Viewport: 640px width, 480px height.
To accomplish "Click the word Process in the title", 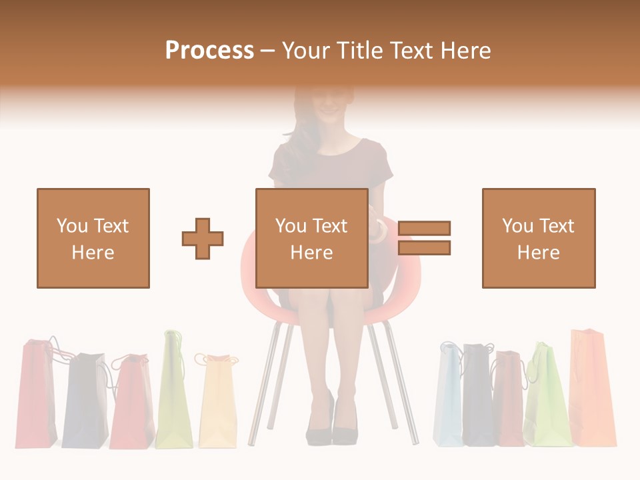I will click(x=209, y=51).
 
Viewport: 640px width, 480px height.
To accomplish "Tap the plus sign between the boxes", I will click(x=203, y=238).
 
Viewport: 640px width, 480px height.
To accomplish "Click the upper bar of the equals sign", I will click(x=424, y=228).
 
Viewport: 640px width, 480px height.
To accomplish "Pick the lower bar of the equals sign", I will click(x=424, y=247).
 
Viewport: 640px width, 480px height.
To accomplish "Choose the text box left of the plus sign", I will click(x=93, y=238).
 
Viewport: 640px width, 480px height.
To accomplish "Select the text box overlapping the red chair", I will click(x=312, y=238).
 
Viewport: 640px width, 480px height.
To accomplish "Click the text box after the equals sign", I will click(x=539, y=238).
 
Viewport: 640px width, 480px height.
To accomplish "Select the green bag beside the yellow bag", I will click(x=173, y=393).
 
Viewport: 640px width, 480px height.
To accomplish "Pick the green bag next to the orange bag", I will click(x=548, y=397).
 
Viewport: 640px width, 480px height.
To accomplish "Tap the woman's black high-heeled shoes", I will click(x=331, y=427).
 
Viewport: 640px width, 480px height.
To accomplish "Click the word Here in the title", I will click(x=464, y=51).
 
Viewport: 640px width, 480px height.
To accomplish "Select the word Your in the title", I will click(x=307, y=51).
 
